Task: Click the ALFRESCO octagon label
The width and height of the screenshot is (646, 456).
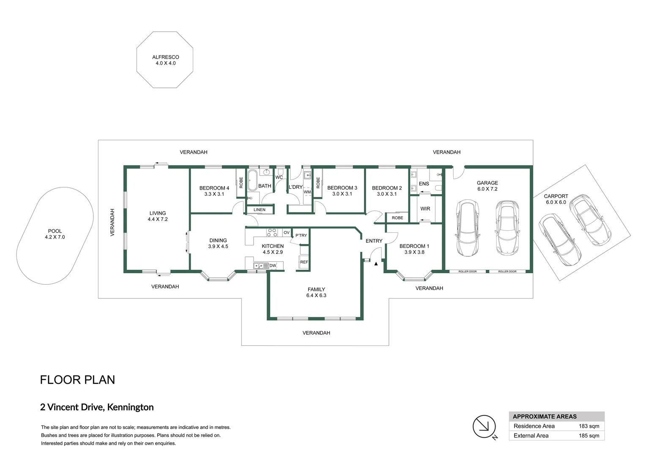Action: click(166, 60)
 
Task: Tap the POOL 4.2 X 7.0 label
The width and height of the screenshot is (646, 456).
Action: click(55, 234)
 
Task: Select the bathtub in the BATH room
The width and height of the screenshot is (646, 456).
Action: click(253, 180)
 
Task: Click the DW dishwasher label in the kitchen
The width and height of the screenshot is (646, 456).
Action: click(273, 266)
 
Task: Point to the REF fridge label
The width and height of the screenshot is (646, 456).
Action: click(304, 262)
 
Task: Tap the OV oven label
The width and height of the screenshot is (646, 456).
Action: click(286, 233)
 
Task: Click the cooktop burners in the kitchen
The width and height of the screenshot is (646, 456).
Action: click(272, 233)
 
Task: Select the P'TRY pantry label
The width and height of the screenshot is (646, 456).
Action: click(301, 235)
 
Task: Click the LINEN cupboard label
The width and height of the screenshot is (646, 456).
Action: click(259, 210)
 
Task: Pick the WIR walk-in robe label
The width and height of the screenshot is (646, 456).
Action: click(425, 209)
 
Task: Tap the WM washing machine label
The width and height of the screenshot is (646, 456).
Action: click(307, 192)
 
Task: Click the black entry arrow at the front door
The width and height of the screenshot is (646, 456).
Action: click(376, 263)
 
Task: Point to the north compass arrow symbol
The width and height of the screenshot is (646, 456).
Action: click(484, 426)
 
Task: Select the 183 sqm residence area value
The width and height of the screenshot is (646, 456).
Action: click(589, 426)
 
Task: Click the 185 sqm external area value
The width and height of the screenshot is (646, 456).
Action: click(589, 436)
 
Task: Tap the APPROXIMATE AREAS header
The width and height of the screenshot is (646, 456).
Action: click(545, 417)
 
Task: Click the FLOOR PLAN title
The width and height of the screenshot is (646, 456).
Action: click(77, 380)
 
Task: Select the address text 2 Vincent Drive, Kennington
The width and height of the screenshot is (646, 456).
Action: click(97, 407)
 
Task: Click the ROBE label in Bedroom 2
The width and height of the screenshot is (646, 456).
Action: click(397, 218)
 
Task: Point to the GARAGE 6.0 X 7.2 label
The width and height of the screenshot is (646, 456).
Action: click(487, 186)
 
